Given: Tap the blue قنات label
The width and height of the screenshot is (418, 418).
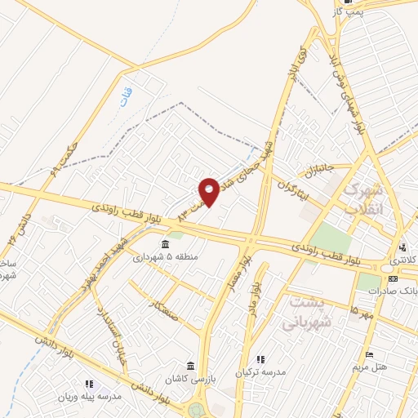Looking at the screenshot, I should coord(137,96).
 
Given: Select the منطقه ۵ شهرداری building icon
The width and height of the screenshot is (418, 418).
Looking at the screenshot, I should coord(166,244).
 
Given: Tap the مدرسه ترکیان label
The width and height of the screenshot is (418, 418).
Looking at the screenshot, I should coord(261,372).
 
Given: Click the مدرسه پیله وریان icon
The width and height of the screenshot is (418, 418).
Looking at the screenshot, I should coord(88,384).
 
